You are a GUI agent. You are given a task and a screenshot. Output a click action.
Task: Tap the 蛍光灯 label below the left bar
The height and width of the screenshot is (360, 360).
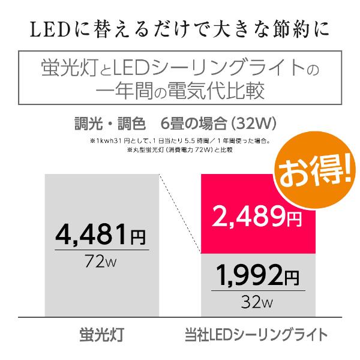click(100, 334)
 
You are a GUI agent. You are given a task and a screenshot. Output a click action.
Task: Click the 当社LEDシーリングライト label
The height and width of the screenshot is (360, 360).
click(256, 334)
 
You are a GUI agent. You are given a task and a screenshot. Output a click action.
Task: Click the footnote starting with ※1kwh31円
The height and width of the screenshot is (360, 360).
click(179, 142)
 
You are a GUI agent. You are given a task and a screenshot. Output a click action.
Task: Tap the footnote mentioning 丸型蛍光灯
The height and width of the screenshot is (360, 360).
click(179, 151)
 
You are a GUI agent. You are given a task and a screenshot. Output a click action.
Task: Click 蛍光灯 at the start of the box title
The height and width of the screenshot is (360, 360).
click(61, 65)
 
